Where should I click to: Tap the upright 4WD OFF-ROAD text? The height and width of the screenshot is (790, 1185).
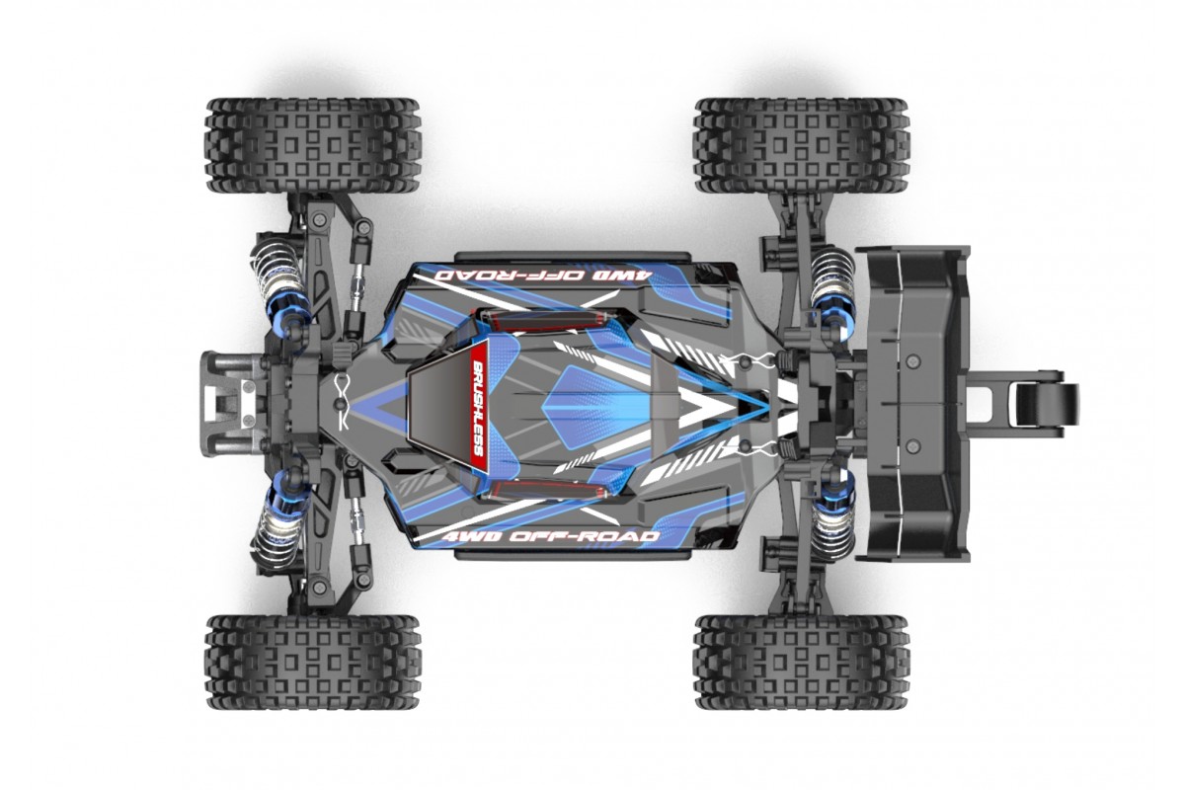(x=551, y=536)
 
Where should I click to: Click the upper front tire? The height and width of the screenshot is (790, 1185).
(x=313, y=145)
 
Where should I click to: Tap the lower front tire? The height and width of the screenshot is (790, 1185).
(x=313, y=662)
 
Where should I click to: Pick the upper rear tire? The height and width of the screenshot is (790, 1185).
(x=802, y=145)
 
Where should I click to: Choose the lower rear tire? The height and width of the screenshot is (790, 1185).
(x=802, y=662)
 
